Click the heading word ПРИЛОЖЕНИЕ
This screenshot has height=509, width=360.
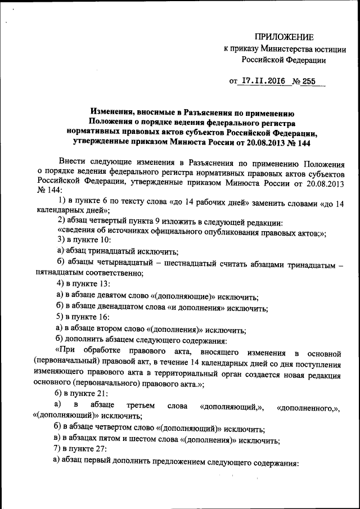coord(286,38)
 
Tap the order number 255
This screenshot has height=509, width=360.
coord(308,80)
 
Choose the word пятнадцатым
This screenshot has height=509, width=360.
coord(58,273)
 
